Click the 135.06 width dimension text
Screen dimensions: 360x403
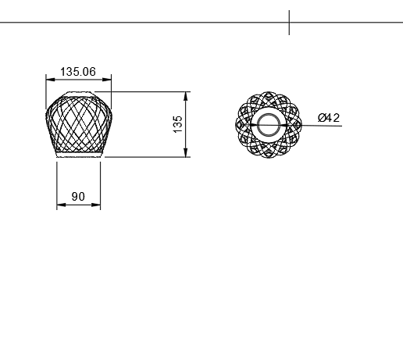[78, 71]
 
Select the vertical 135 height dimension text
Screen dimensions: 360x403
[178, 123]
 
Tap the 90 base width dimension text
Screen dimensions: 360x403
[78, 197]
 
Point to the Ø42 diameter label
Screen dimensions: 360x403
[329, 118]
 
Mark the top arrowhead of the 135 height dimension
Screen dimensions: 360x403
[186, 94]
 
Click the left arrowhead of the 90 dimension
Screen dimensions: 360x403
[59, 205]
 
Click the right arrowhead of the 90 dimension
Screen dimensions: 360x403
[98, 205]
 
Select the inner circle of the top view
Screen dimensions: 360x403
[269, 124]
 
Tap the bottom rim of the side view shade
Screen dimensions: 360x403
[78, 155]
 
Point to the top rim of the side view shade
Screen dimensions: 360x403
[78, 93]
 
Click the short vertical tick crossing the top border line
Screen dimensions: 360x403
[289, 22]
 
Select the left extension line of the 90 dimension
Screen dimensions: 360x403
[56, 184]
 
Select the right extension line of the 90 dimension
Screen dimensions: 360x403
[102, 184]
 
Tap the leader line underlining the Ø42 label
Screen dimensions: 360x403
[328, 125]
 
